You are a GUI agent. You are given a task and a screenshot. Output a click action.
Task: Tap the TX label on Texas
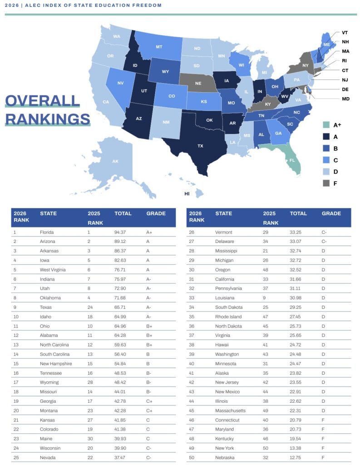(200, 146)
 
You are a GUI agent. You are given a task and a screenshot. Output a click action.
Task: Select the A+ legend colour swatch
(325, 125)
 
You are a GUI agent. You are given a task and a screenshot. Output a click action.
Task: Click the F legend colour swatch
(325, 183)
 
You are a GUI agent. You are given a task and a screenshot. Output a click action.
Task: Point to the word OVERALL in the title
(43, 101)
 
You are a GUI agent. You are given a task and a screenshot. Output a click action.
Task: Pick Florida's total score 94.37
(120, 232)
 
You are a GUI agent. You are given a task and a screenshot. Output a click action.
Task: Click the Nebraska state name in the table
(225, 457)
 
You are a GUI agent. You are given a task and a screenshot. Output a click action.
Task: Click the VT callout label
(345, 33)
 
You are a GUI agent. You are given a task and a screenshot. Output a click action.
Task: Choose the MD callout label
(345, 99)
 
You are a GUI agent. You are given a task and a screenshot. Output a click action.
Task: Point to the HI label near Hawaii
(187, 193)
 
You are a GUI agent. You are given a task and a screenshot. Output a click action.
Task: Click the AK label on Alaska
(116, 161)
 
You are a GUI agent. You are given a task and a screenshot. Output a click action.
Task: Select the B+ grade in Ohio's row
(149, 326)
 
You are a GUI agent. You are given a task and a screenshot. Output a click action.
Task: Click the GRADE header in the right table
(331, 213)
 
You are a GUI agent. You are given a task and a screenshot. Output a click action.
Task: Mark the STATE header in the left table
(48, 213)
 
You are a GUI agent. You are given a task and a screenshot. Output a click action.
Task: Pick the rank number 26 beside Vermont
(192, 232)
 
